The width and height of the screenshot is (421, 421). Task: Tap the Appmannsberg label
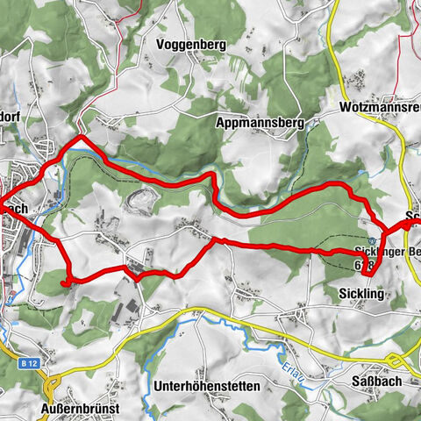pos(259,125)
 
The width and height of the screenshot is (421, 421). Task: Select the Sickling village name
pos(360,294)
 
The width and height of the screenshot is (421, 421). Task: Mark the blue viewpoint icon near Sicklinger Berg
pos(374,239)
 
